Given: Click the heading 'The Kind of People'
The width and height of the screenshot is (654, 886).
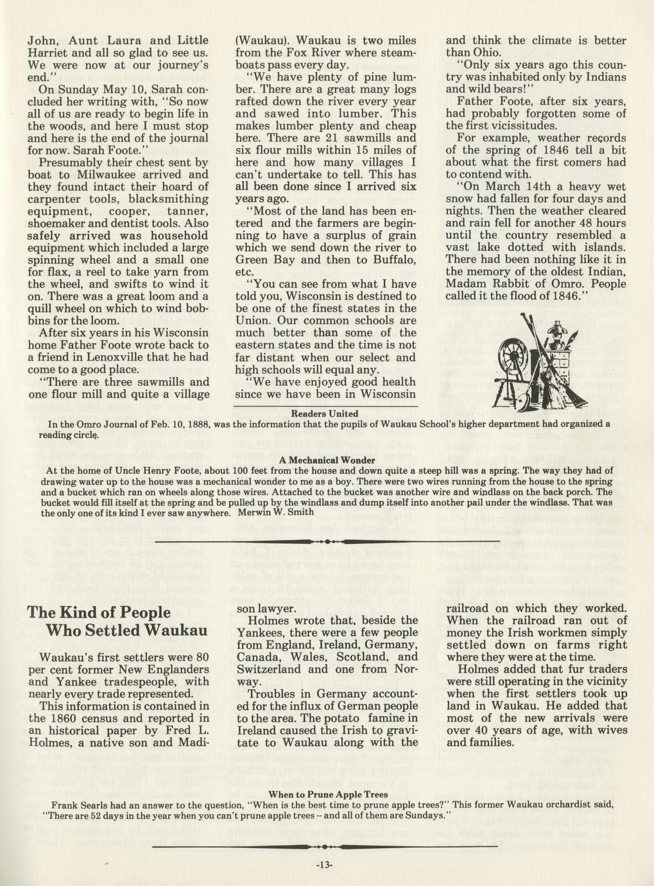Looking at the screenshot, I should (x=98, y=612).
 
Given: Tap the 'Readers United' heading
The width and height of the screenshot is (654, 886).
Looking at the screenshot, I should (x=325, y=413).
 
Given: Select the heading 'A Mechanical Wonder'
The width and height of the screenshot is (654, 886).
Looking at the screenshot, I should (x=327, y=460).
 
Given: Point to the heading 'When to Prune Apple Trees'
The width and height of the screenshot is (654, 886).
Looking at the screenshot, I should (x=327, y=794).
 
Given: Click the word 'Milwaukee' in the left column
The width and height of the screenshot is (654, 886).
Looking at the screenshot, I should (x=115, y=175).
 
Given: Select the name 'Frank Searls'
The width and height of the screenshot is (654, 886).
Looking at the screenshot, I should (x=82, y=804).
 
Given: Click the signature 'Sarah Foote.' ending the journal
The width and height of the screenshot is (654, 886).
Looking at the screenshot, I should (x=87, y=150).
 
